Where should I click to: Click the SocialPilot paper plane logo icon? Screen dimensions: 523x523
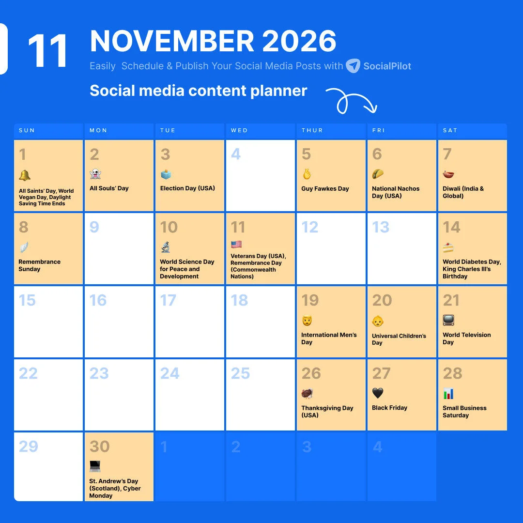[353, 66]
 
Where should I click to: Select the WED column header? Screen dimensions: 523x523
[239, 130]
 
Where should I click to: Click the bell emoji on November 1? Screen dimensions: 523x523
[24, 175]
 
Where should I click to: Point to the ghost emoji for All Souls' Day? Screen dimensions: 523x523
[95, 174]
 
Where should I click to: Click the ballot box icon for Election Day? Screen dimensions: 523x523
[166, 174]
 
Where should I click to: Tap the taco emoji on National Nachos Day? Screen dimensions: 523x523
[378, 174]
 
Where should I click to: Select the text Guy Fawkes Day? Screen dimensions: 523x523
[325, 189]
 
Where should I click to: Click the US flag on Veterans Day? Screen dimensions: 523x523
[236, 245]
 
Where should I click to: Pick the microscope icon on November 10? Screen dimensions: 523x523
[166, 247]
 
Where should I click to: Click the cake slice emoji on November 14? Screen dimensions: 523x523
[448, 248]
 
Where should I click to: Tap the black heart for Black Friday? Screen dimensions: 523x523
[378, 393]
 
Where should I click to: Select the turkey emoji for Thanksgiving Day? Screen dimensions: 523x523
[307, 394]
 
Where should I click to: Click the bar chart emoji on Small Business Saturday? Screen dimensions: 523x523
[448, 394]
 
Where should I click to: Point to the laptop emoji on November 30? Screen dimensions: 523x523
[95, 467]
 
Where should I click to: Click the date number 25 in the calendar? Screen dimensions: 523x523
[240, 373]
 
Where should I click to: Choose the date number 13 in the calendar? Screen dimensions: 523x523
[381, 227]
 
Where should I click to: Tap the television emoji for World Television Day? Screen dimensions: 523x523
[448, 321]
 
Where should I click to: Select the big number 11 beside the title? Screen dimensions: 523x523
[47, 51]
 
